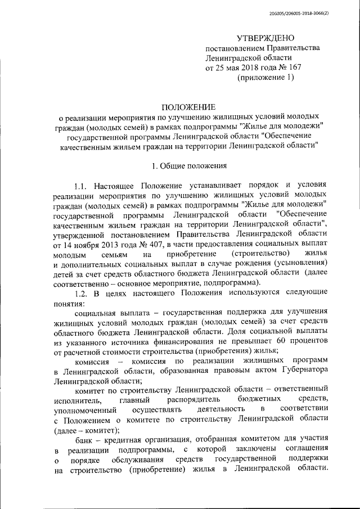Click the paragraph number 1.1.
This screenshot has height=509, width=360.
[x=82, y=186]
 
